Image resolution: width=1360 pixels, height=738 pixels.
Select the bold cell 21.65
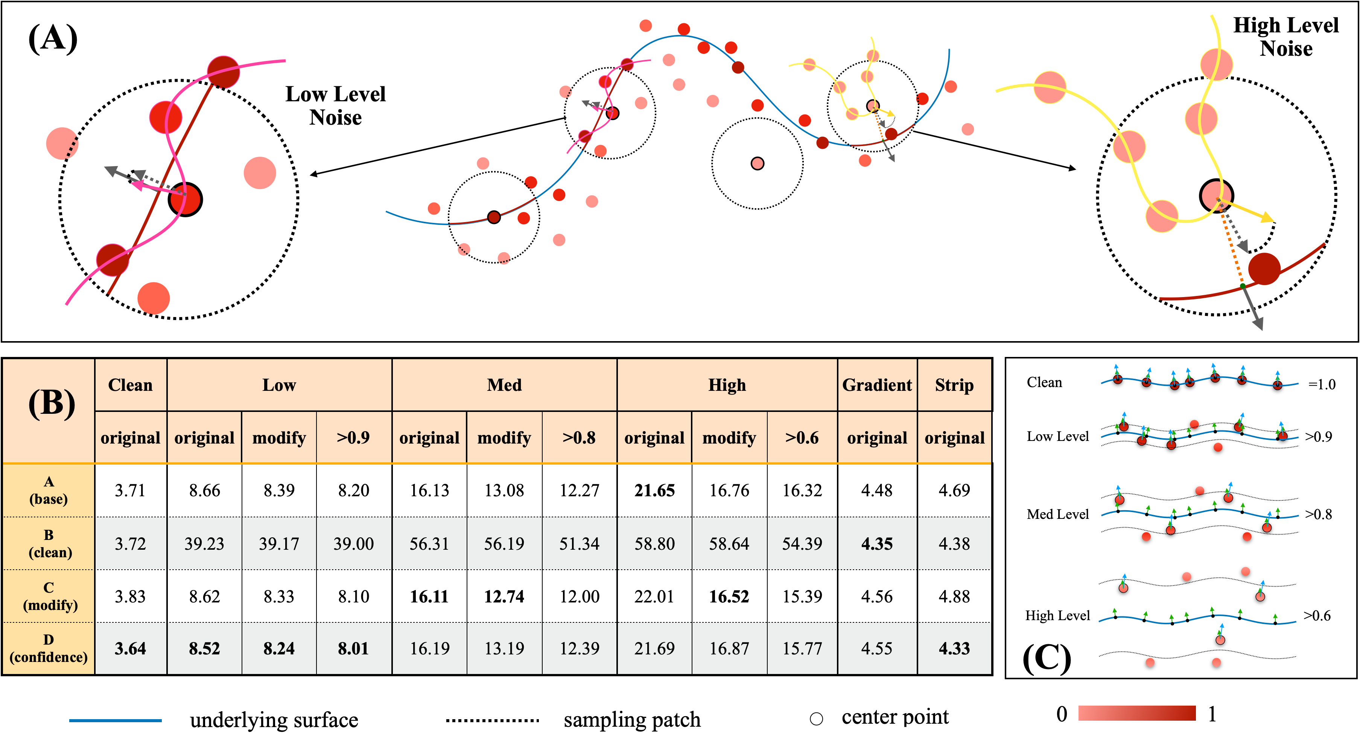click(x=654, y=490)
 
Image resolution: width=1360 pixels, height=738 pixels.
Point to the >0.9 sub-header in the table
click(x=353, y=438)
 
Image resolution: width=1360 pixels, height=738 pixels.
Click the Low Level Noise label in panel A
click(x=335, y=106)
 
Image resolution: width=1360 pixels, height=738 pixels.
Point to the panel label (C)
click(x=1047, y=658)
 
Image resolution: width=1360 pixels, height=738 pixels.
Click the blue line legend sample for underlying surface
click(x=115, y=720)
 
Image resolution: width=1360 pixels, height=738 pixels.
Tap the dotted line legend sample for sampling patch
click(x=492, y=720)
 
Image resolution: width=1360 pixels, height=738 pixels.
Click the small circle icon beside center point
click(x=816, y=718)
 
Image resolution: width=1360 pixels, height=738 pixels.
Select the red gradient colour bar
click(x=1137, y=713)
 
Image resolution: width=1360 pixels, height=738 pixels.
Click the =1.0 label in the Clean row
click(x=1322, y=384)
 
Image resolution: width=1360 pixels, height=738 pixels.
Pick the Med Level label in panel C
click(x=1057, y=514)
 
